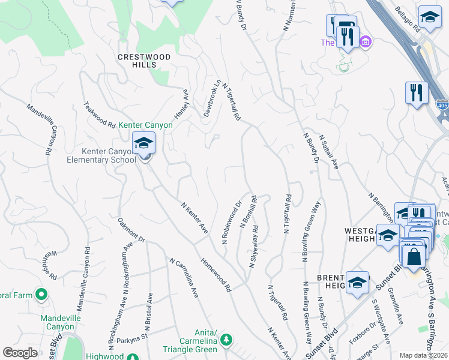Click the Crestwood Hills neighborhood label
[x=144, y=61]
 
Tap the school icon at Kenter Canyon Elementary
[x=144, y=144]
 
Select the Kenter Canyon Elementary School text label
[x=101, y=155]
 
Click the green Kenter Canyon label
[x=145, y=125]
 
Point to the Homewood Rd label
[x=216, y=275]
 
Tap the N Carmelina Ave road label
[x=184, y=278]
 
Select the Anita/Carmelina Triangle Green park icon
[x=226, y=340]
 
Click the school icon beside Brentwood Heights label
[x=357, y=282]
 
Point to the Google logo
[x=20, y=353]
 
